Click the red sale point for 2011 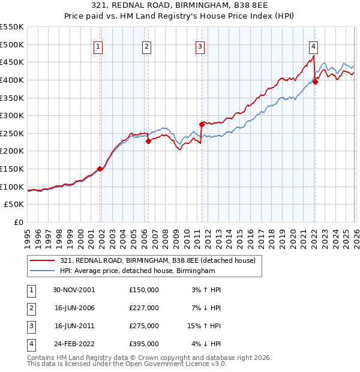click(x=202, y=124)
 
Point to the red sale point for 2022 click(x=316, y=82)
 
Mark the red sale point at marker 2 click(x=148, y=142)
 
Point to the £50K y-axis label click(x=14, y=205)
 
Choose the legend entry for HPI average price click(x=137, y=271)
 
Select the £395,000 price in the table click(x=143, y=344)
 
